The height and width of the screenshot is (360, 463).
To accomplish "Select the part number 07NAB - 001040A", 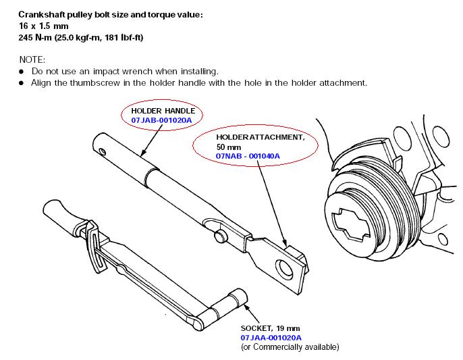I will coord(248,156).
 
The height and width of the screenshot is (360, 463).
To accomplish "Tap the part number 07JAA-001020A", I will coord(271,337).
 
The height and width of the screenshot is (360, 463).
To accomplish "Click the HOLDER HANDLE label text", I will coord(162,111).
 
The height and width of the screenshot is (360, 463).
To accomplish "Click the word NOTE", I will coord(31,59).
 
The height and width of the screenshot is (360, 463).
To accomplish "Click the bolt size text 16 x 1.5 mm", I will coord(45,26).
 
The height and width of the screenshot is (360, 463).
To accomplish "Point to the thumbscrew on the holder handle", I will coord(220,235).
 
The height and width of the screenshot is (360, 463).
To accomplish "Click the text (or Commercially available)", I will coord(290,346).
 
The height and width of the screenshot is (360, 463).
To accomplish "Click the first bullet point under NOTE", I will coord(22,71).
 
